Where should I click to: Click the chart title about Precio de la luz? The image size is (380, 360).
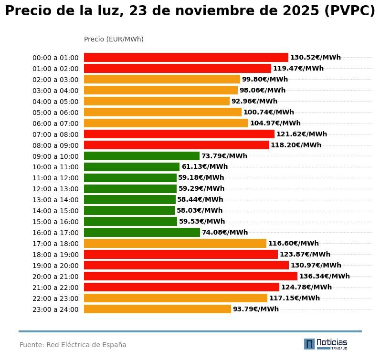point(190,11)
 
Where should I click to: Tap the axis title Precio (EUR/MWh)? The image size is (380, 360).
point(114,39)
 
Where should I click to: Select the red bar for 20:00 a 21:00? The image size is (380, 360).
point(190,276)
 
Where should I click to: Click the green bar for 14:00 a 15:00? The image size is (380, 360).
point(129,210)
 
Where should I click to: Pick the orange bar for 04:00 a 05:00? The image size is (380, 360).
point(157,101)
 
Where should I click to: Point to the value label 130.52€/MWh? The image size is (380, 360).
point(316,57)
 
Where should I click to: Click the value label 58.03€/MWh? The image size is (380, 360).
point(200,210)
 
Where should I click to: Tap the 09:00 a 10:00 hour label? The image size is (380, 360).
point(55,156)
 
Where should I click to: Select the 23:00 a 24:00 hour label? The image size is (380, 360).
point(55,309)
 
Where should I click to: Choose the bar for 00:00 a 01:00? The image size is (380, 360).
point(186,57)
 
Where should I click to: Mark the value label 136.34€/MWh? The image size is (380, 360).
point(325,276)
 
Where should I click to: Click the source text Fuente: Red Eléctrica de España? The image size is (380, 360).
point(73,345)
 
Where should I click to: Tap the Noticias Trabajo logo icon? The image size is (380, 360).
point(309,344)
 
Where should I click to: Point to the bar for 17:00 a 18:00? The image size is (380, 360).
point(175,243)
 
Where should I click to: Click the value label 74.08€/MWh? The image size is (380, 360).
point(225,232)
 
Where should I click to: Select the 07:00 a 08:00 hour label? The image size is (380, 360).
point(55,134)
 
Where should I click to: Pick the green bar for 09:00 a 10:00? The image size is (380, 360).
point(142,156)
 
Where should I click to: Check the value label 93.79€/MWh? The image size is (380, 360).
point(256,309)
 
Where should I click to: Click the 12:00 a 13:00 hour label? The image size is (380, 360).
point(55,189)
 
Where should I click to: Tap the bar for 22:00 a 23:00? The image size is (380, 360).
point(176,298)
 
